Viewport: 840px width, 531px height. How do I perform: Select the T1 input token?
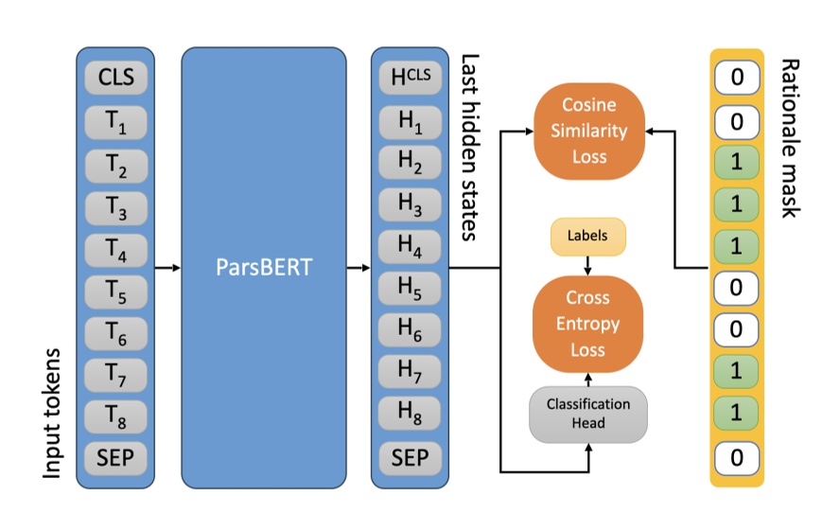coord(115,120)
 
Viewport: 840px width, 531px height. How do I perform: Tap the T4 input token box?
coord(115,248)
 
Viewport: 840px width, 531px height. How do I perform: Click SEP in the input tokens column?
coord(115,459)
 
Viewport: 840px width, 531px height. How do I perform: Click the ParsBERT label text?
coord(264,268)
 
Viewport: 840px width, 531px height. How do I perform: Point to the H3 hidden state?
coord(410,205)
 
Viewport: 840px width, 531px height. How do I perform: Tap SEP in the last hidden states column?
coord(410,459)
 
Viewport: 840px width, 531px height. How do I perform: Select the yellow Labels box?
coord(588,238)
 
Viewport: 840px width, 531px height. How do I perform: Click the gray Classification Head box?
coord(588,414)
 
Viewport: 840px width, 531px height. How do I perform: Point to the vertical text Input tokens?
coord(53,412)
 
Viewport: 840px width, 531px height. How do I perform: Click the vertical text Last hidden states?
coord(470,147)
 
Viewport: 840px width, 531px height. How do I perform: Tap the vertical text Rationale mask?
coord(788,137)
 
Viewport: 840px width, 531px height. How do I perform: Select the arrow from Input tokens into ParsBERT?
coord(167,268)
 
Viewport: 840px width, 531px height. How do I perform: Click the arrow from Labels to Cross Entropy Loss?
coord(588,265)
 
